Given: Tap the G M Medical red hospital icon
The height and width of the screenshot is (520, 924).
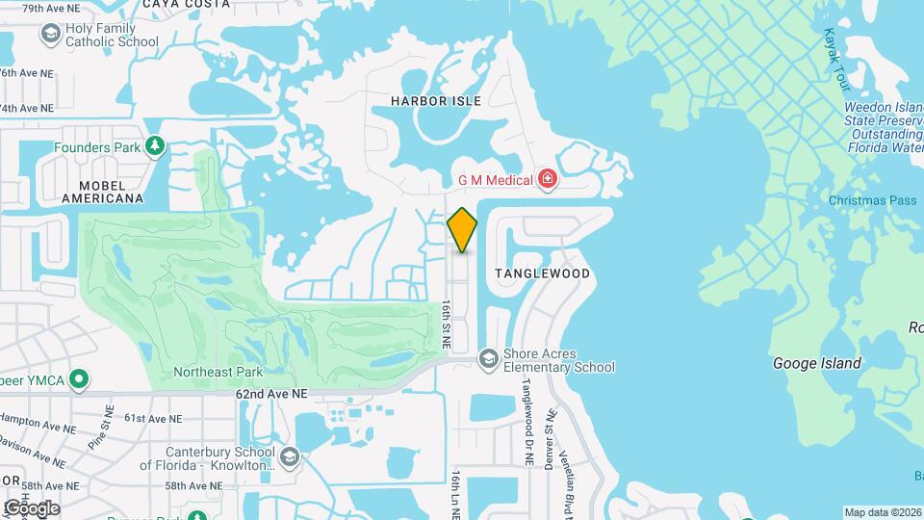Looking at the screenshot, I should pos(548,179).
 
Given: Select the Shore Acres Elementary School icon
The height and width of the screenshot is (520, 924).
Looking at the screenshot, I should pos(489,358).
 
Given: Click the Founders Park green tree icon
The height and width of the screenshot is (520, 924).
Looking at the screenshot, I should pos(154,147).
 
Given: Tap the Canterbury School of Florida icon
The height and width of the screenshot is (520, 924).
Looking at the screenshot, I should pos(292,457).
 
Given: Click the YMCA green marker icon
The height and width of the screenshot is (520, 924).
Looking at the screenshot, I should pos(81,379).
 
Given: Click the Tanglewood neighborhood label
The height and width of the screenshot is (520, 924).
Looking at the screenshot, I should pos(542,273).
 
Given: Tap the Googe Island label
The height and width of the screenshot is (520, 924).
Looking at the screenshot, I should pos(817,363).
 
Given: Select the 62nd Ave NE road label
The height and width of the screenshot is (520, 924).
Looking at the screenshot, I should pos(271,394).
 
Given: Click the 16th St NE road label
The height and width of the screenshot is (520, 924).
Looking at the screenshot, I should pos(447,323).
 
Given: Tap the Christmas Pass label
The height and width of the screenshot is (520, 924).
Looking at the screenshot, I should pos(873,200).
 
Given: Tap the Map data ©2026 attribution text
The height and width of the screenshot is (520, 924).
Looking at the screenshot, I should pos(883,512).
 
